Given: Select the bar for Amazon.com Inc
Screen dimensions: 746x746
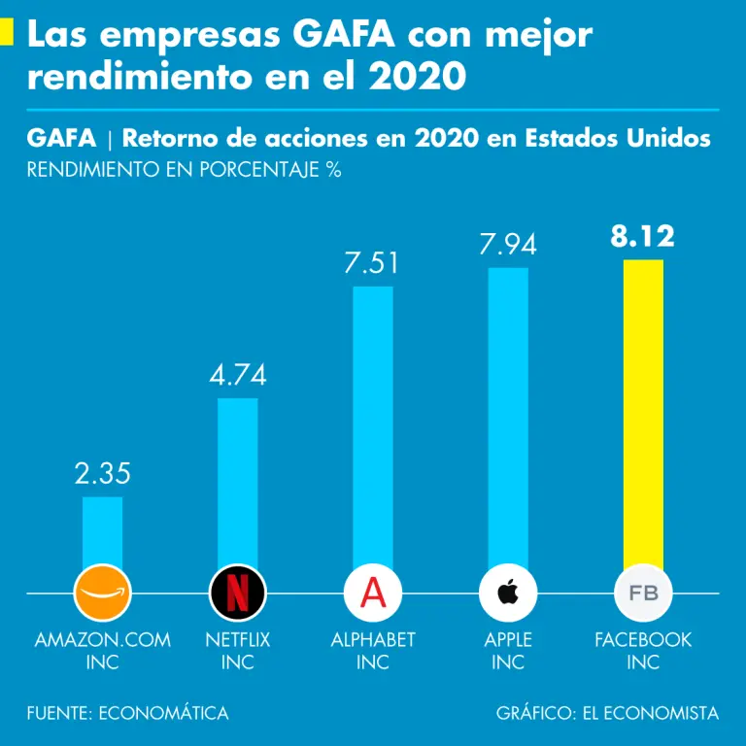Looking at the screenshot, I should point(102,529).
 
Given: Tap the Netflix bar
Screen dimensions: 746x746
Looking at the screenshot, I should point(237,476).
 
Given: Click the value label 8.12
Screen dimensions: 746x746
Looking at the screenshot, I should point(643,237).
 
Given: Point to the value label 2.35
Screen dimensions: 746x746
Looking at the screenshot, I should point(102,474).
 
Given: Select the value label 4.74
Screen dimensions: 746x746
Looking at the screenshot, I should point(237,375).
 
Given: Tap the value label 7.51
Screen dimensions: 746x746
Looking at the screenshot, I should point(373,264).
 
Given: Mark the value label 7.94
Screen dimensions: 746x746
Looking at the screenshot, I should point(508,245).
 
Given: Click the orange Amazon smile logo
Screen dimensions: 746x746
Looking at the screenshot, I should point(102,592).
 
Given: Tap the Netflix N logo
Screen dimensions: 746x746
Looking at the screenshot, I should point(237,592).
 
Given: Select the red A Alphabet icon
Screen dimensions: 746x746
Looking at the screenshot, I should point(373,592).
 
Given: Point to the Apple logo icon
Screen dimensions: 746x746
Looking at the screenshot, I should point(508,592).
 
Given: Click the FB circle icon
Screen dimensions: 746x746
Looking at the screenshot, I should point(643,592).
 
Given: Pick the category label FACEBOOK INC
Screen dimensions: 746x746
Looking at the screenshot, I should point(643,651).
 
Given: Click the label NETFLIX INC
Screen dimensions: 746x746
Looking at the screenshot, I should point(237,651).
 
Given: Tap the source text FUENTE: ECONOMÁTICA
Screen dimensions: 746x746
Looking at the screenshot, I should point(128,713).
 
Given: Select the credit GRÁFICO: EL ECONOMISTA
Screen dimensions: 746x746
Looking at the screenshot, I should point(607,713).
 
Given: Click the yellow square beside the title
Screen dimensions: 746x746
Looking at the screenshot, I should point(6,35).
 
